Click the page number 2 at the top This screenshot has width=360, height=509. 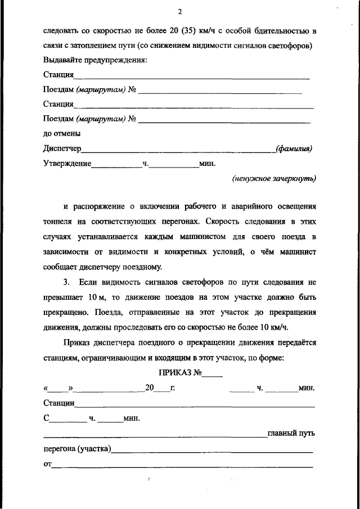(x=179, y=12)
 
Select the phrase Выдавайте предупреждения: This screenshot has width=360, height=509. (x=94, y=60)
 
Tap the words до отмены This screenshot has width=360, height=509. (x=61, y=134)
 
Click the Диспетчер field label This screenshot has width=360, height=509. (x=62, y=148)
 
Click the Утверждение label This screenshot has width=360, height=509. (x=67, y=164)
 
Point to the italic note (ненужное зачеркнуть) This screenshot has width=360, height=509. (x=274, y=178)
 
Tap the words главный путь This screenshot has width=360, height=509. (x=291, y=433)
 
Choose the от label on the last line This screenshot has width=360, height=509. (x=47, y=464)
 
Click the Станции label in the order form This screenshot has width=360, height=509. (x=59, y=403)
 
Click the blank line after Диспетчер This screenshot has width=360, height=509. (x=177, y=150)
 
